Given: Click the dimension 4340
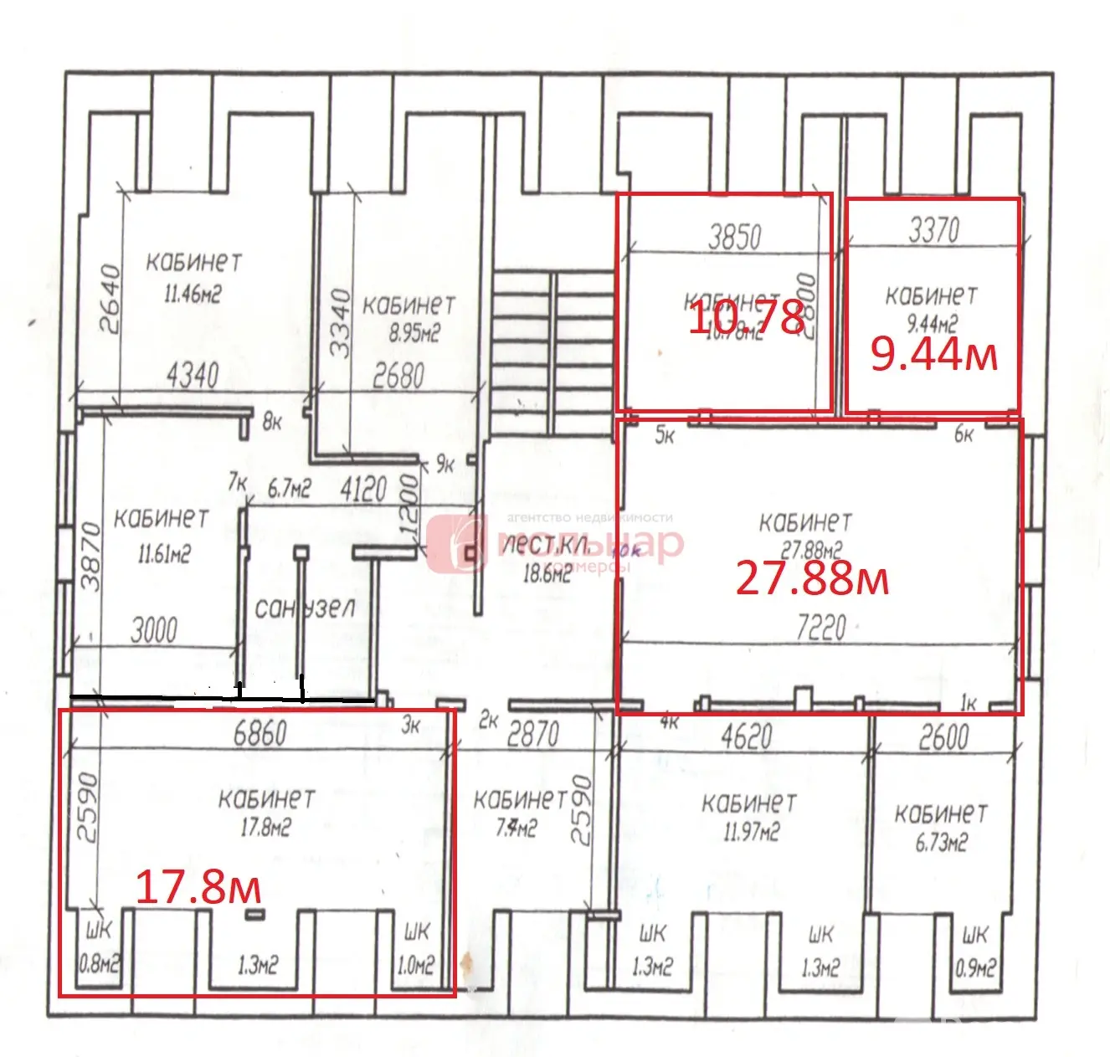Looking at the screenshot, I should pos(193,376).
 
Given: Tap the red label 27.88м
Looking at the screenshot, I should pos(811,578).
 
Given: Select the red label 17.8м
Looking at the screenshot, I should pos(198,887).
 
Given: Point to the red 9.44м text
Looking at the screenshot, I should pos(933,354).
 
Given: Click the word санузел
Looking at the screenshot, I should pos(305,608).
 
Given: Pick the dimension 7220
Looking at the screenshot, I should pos(821,628).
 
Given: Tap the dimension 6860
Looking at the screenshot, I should pos(260,733).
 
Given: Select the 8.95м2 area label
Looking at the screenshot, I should pos(414,334).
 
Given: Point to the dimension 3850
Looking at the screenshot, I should pos(735,237).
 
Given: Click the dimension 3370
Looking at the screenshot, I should pos(934,229).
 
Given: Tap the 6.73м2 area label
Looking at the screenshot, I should pos(941,842).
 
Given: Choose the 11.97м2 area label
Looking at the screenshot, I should pos(751,833).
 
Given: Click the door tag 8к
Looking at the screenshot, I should pos(272,423).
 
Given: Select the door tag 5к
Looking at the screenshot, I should pos(665,435).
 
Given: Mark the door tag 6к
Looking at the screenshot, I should pos(964,434).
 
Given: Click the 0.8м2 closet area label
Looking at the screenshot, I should pos(99,965).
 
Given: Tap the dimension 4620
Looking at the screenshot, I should pos(747,737).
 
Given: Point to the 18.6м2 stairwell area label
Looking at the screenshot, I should pos(547,573).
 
